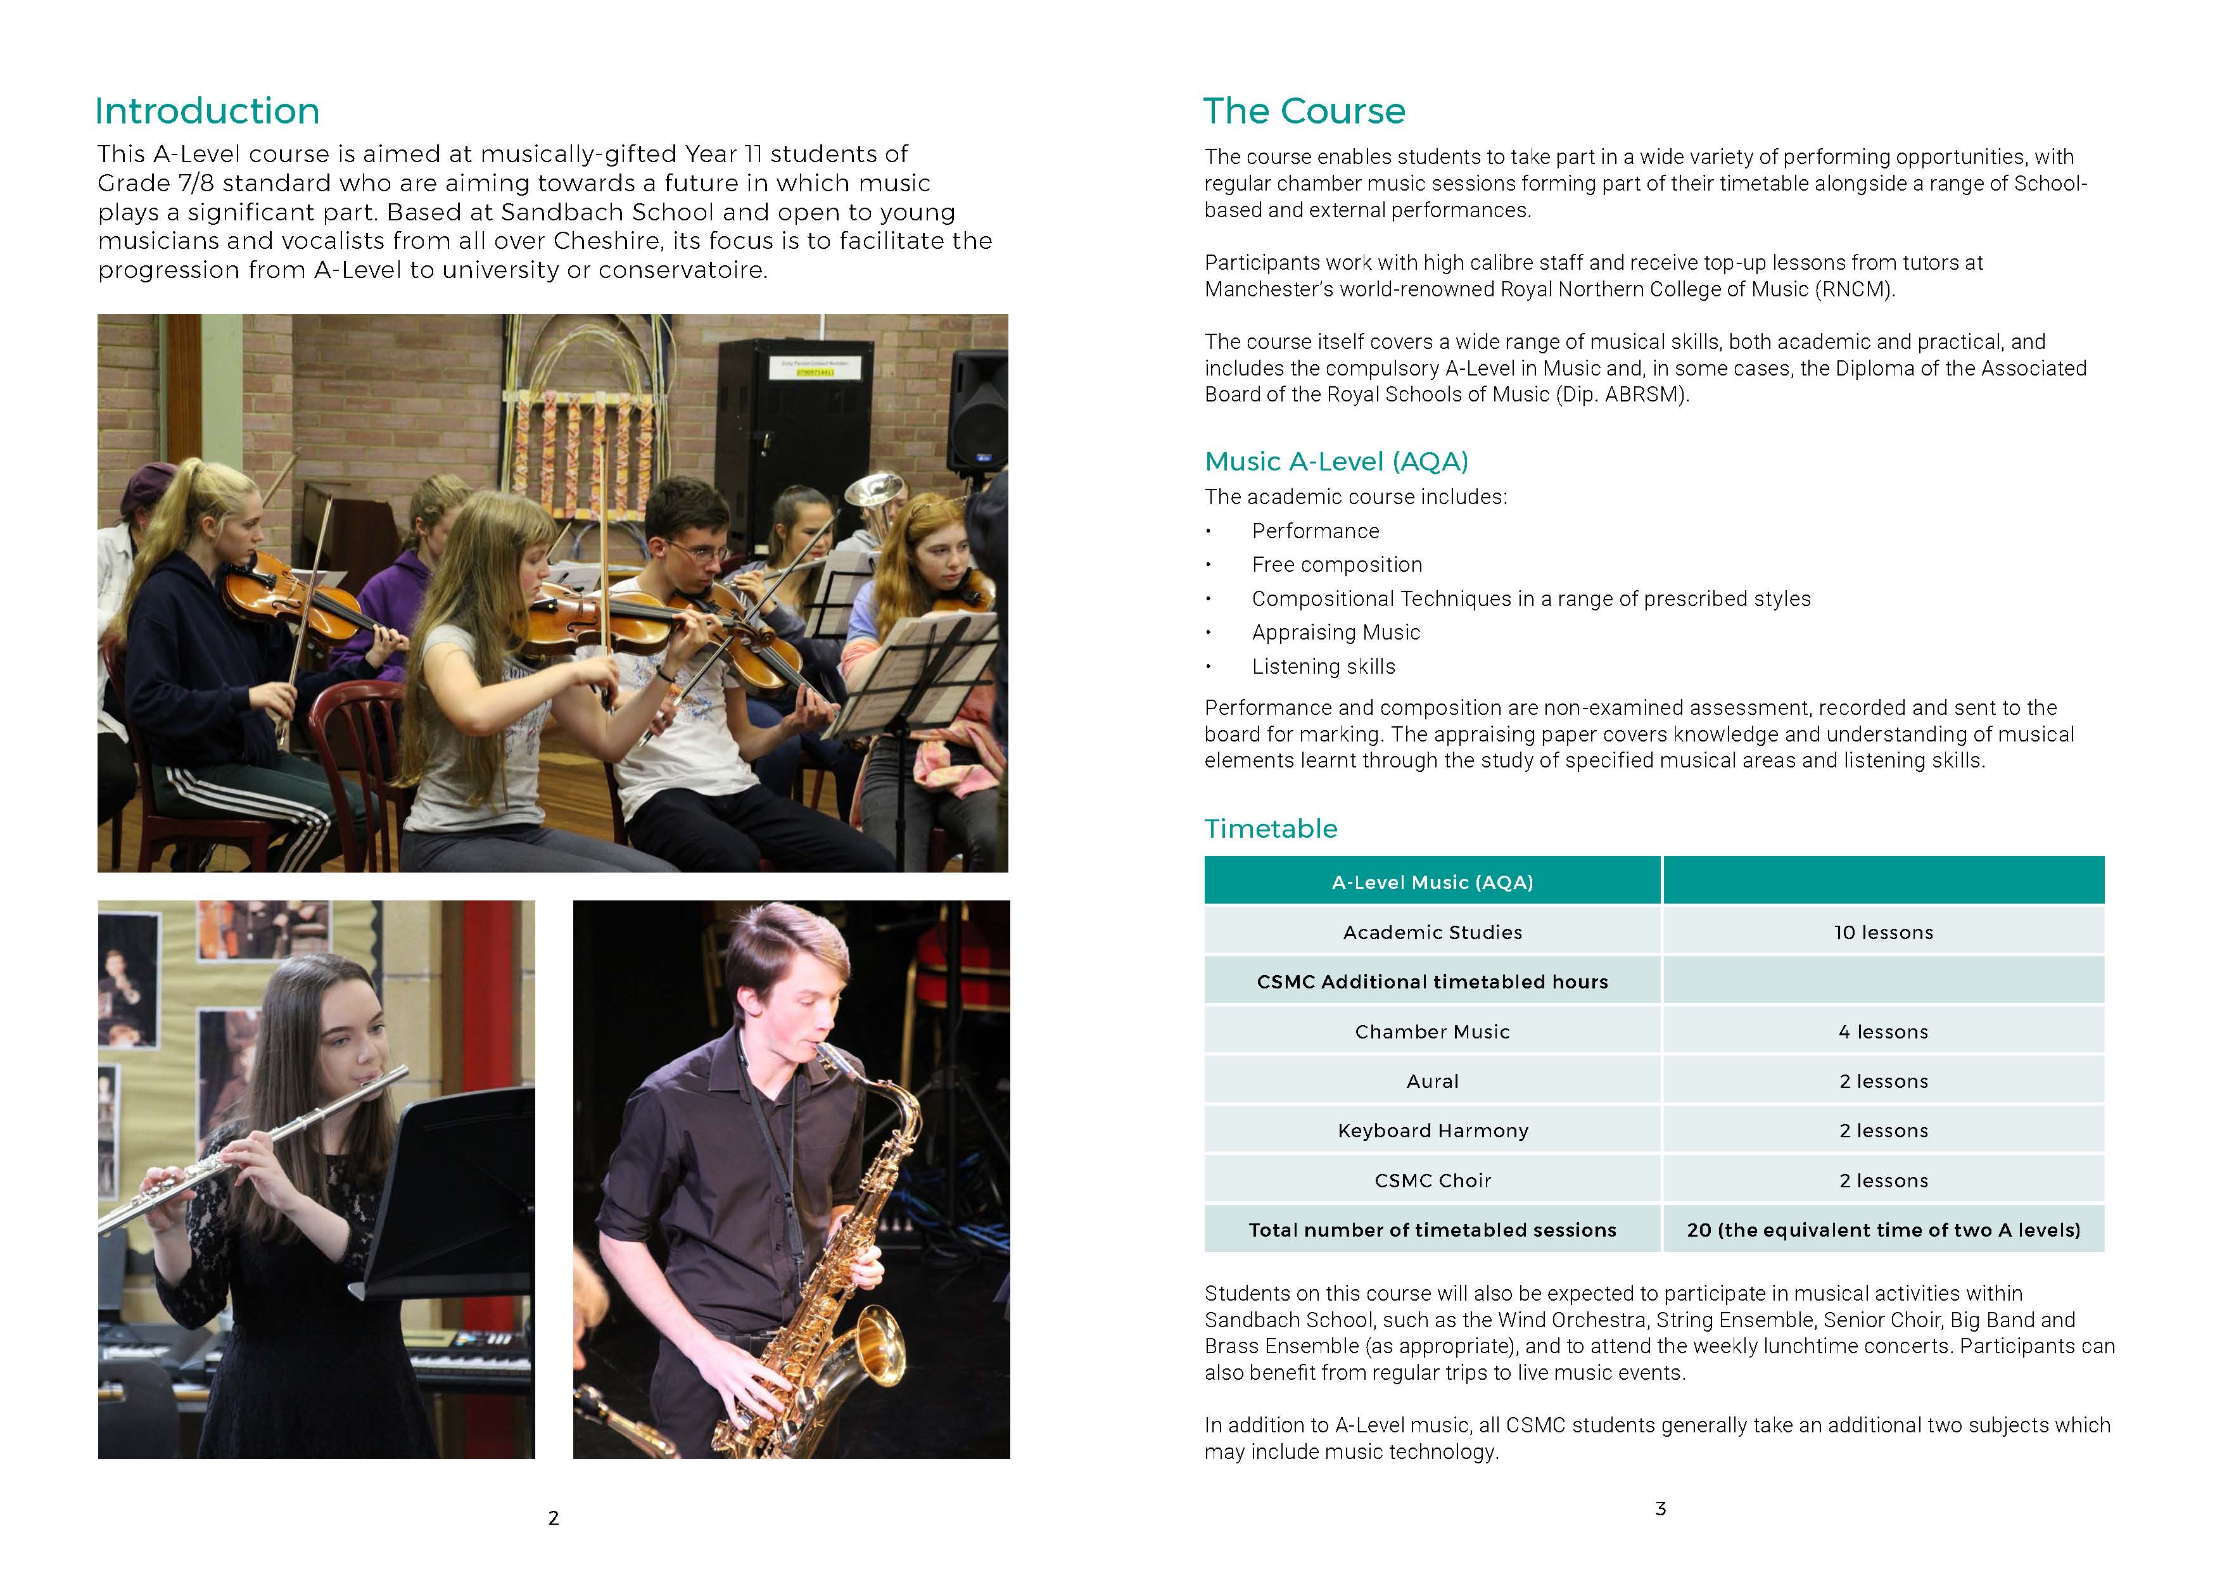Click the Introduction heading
tap(207, 111)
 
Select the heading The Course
tap(1304, 111)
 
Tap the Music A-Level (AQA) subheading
tap(1335, 462)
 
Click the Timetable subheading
tap(1271, 829)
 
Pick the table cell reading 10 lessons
tap(1883, 933)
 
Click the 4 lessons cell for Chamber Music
tap(1883, 1032)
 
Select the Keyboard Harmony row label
tap(1432, 1131)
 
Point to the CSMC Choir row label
tap(1432, 1181)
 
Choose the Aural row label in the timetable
tap(1432, 1082)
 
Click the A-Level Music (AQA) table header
tap(1432, 882)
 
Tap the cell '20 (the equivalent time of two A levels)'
tap(1883, 1230)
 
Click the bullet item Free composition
tap(1336, 565)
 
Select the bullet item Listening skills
tap(1323, 667)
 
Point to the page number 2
tap(554, 1518)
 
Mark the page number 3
tap(1661, 1509)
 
